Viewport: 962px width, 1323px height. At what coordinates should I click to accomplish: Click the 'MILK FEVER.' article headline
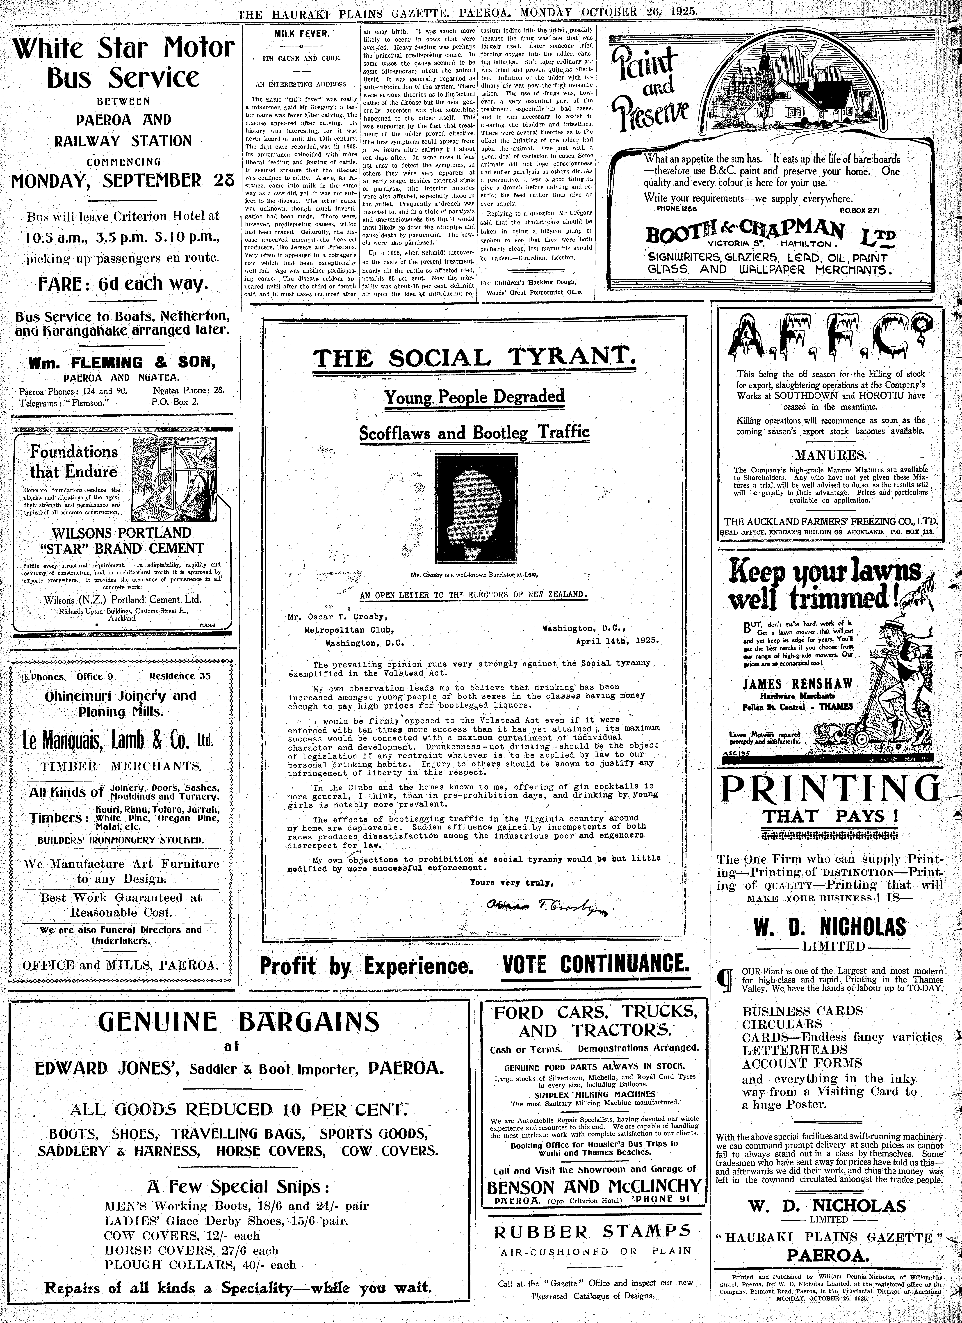(302, 34)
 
